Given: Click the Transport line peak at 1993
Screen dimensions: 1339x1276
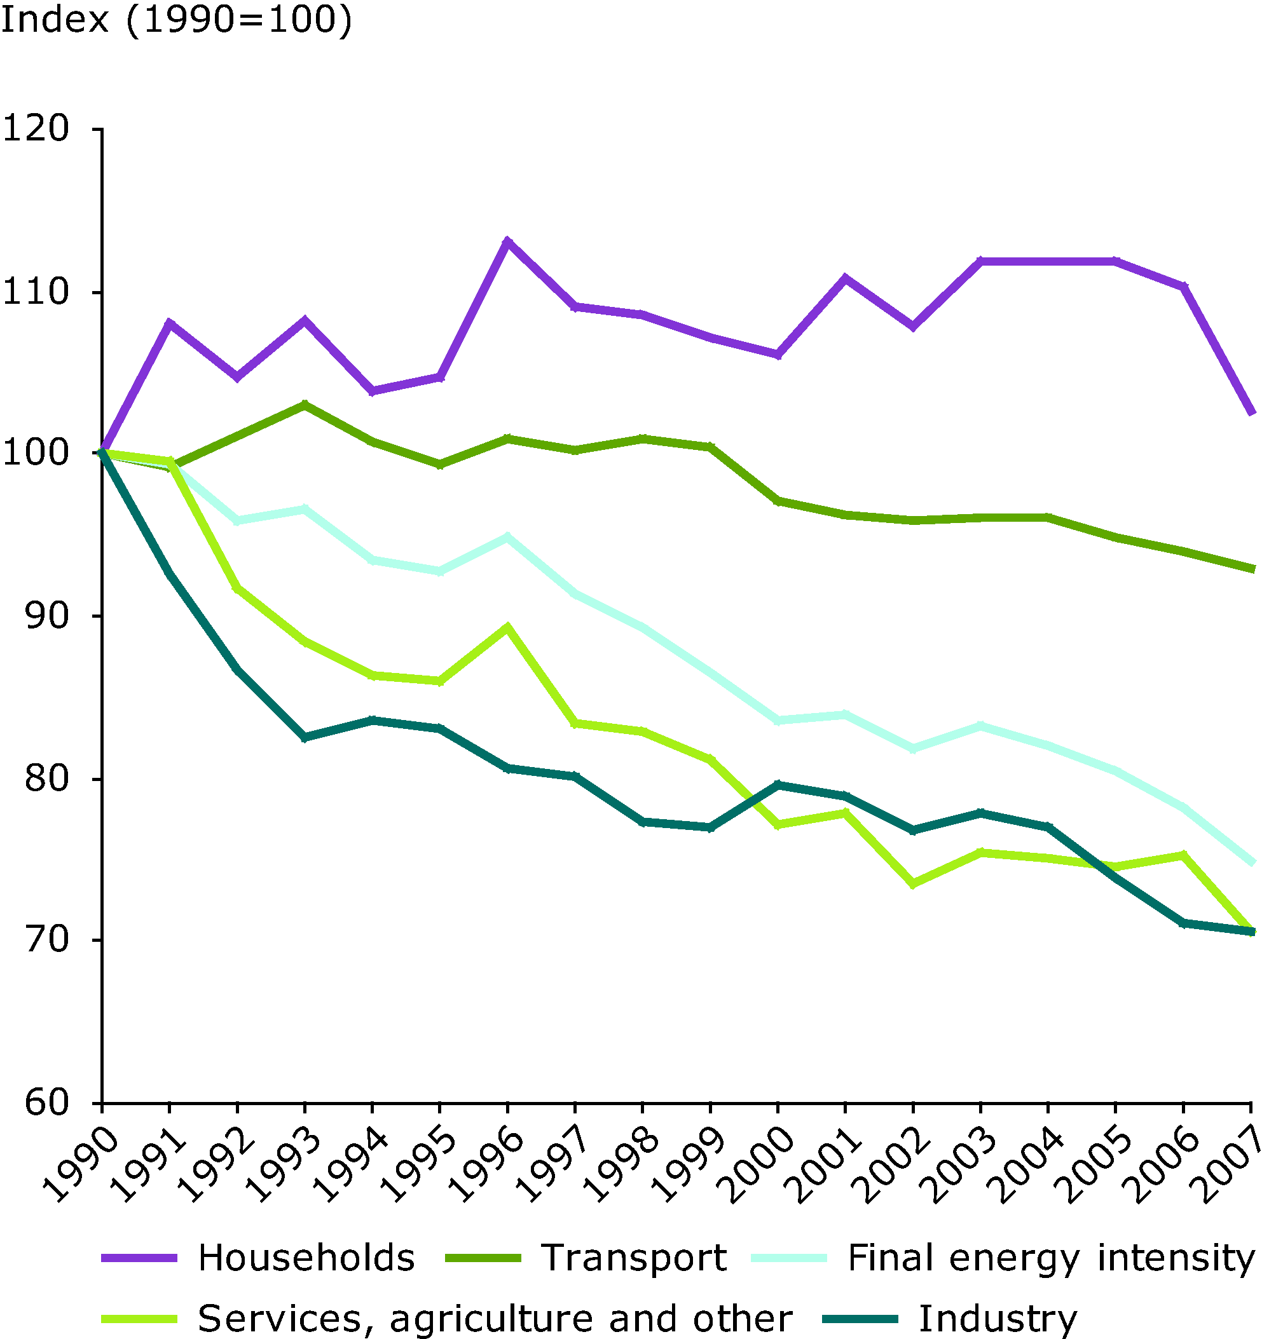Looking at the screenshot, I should (305, 405).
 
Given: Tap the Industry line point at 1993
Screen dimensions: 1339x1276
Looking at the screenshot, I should (305, 738).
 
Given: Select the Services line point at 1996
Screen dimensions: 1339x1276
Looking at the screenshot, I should (507, 627).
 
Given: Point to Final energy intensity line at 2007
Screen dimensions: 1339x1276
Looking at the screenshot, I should (1250, 862).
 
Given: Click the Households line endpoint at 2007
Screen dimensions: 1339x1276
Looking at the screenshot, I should (1250, 412).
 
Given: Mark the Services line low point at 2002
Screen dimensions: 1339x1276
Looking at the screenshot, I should (913, 884).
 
